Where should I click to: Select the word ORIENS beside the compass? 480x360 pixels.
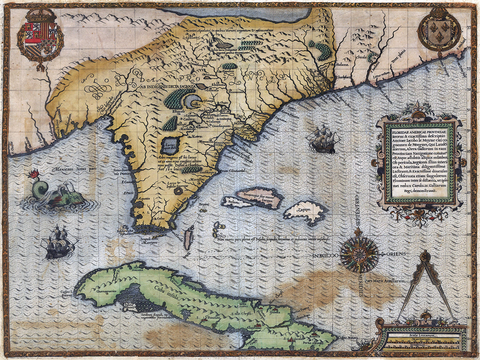click(395, 254)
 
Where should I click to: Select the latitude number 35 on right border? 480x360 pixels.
click(469, 27)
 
